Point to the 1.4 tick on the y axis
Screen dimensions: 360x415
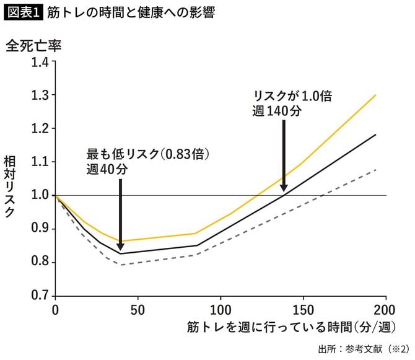39,62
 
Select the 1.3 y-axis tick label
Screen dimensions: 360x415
39,95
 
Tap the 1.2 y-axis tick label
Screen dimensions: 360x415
39,129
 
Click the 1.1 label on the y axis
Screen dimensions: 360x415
39,162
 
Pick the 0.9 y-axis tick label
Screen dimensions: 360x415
39,229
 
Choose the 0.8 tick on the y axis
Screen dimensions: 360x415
39,263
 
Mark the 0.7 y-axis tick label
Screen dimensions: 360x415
39,296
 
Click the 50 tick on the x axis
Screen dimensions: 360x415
139,309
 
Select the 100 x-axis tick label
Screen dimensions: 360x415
221,309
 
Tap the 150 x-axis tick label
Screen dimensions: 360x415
304,309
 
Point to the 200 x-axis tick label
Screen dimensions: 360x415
385,309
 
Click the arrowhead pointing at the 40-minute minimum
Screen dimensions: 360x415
120,246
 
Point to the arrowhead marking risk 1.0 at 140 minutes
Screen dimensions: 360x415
284,187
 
